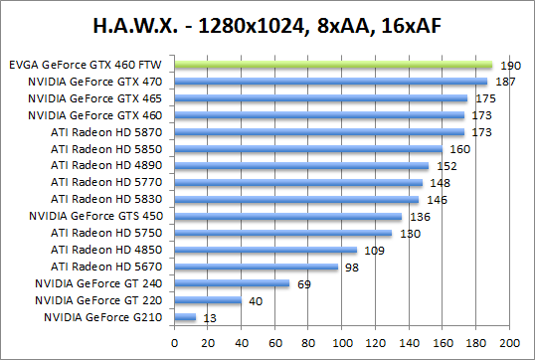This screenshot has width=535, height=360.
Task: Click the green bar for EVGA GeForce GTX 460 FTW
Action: coord(332,65)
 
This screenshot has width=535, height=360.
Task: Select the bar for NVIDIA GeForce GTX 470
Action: coord(330,82)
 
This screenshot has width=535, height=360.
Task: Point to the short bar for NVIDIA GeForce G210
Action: coord(184,317)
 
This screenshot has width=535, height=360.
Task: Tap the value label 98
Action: coord(351,267)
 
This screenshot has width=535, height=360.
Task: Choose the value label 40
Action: coord(254,300)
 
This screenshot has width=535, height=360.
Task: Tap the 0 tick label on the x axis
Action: coord(174,341)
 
